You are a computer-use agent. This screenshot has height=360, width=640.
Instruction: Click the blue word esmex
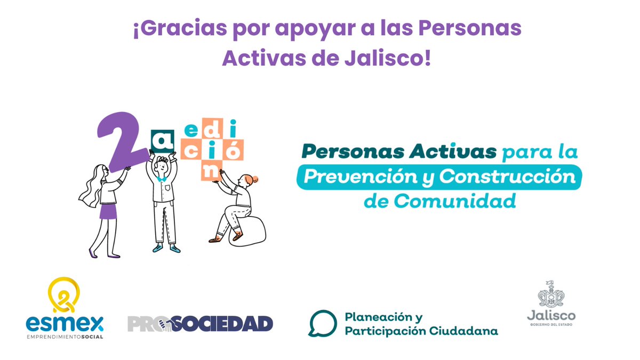(x=65, y=323)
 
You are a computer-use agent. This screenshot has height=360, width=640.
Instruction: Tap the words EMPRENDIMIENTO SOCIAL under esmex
(x=65, y=337)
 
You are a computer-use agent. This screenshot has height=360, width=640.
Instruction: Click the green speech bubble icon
(x=322, y=323)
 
